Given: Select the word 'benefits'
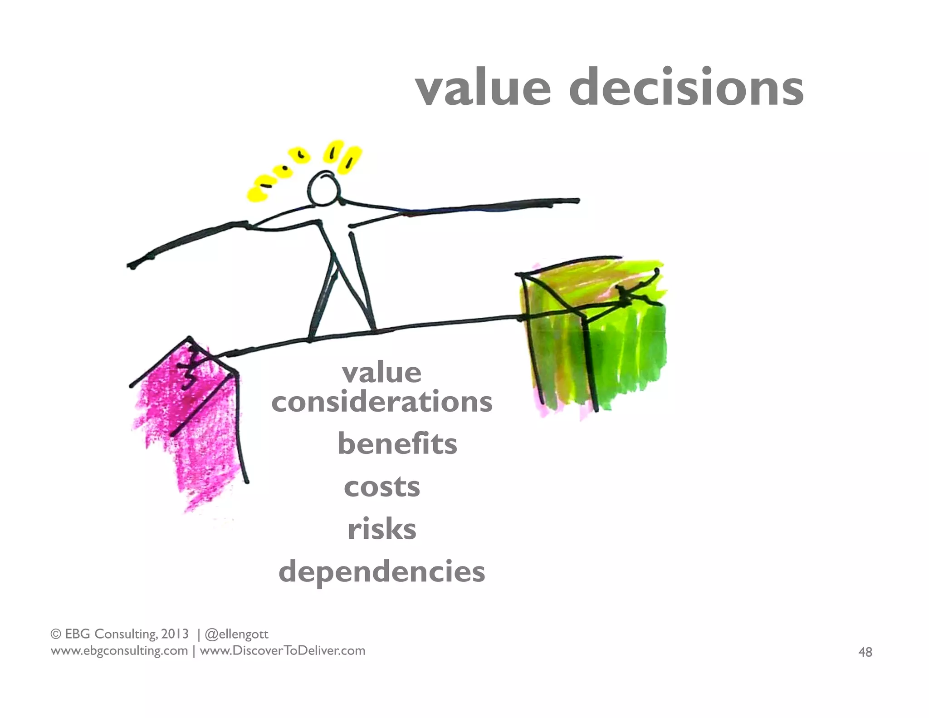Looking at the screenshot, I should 397,443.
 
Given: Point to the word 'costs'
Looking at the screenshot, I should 382,487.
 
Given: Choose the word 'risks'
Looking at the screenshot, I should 382,529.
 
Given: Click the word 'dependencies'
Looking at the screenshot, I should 382,572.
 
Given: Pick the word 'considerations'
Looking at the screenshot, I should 382,402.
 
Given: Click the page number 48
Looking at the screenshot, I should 865,652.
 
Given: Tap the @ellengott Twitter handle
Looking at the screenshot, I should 236,634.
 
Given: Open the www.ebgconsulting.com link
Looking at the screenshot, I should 119,651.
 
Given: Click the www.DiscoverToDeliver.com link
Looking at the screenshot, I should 282,651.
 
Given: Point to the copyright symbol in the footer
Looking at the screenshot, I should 56,634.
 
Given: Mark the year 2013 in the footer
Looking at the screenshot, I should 175,634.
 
